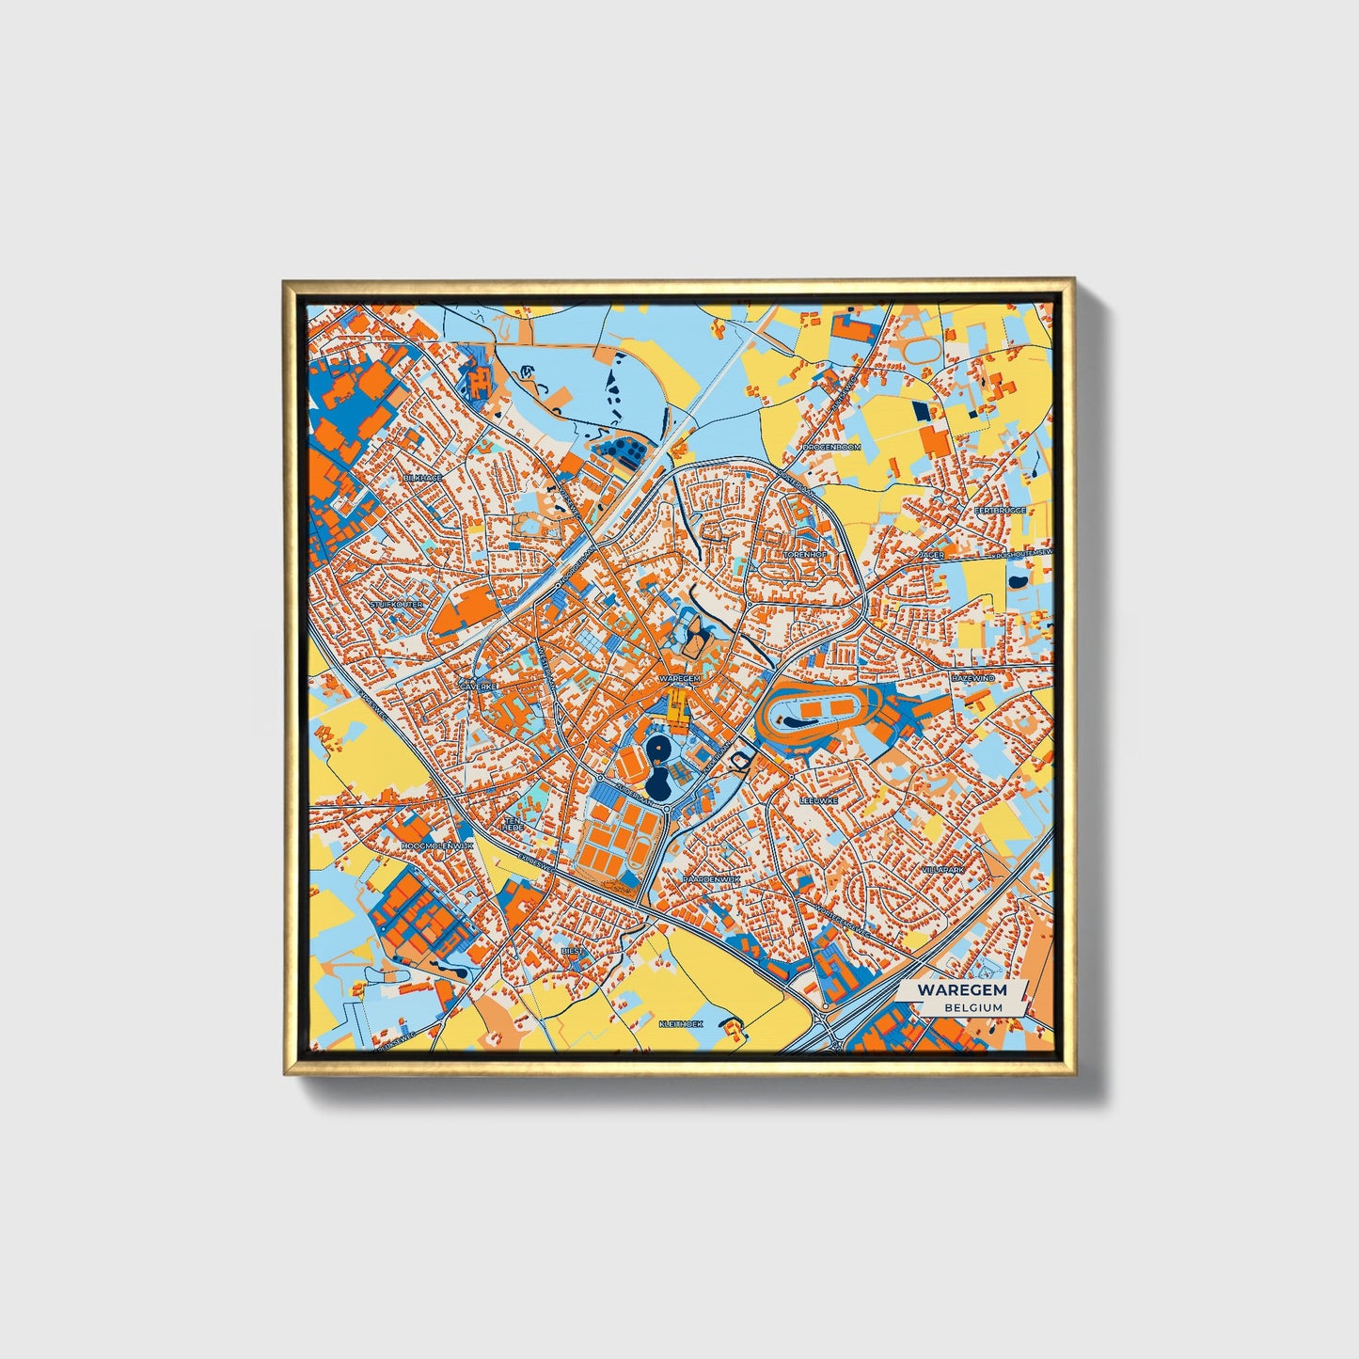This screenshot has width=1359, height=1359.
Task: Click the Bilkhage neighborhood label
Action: click(422, 478)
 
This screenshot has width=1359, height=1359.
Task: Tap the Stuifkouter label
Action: click(396, 604)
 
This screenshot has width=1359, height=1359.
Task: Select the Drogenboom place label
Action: click(832, 447)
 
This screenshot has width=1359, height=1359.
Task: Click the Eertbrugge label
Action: click(999, 510)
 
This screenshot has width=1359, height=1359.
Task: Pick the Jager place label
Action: click(931, 556)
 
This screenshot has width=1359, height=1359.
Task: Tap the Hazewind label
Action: click(972, 677)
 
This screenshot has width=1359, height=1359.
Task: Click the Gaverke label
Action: click(477, 687)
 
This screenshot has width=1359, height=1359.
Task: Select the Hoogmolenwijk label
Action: click(435, 845)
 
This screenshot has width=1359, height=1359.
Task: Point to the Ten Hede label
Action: click(514, 823)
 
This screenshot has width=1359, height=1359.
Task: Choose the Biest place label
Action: click(573, 951)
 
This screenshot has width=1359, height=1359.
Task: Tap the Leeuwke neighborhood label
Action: click(817, 800)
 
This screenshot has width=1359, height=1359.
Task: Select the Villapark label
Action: click(943, 870)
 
